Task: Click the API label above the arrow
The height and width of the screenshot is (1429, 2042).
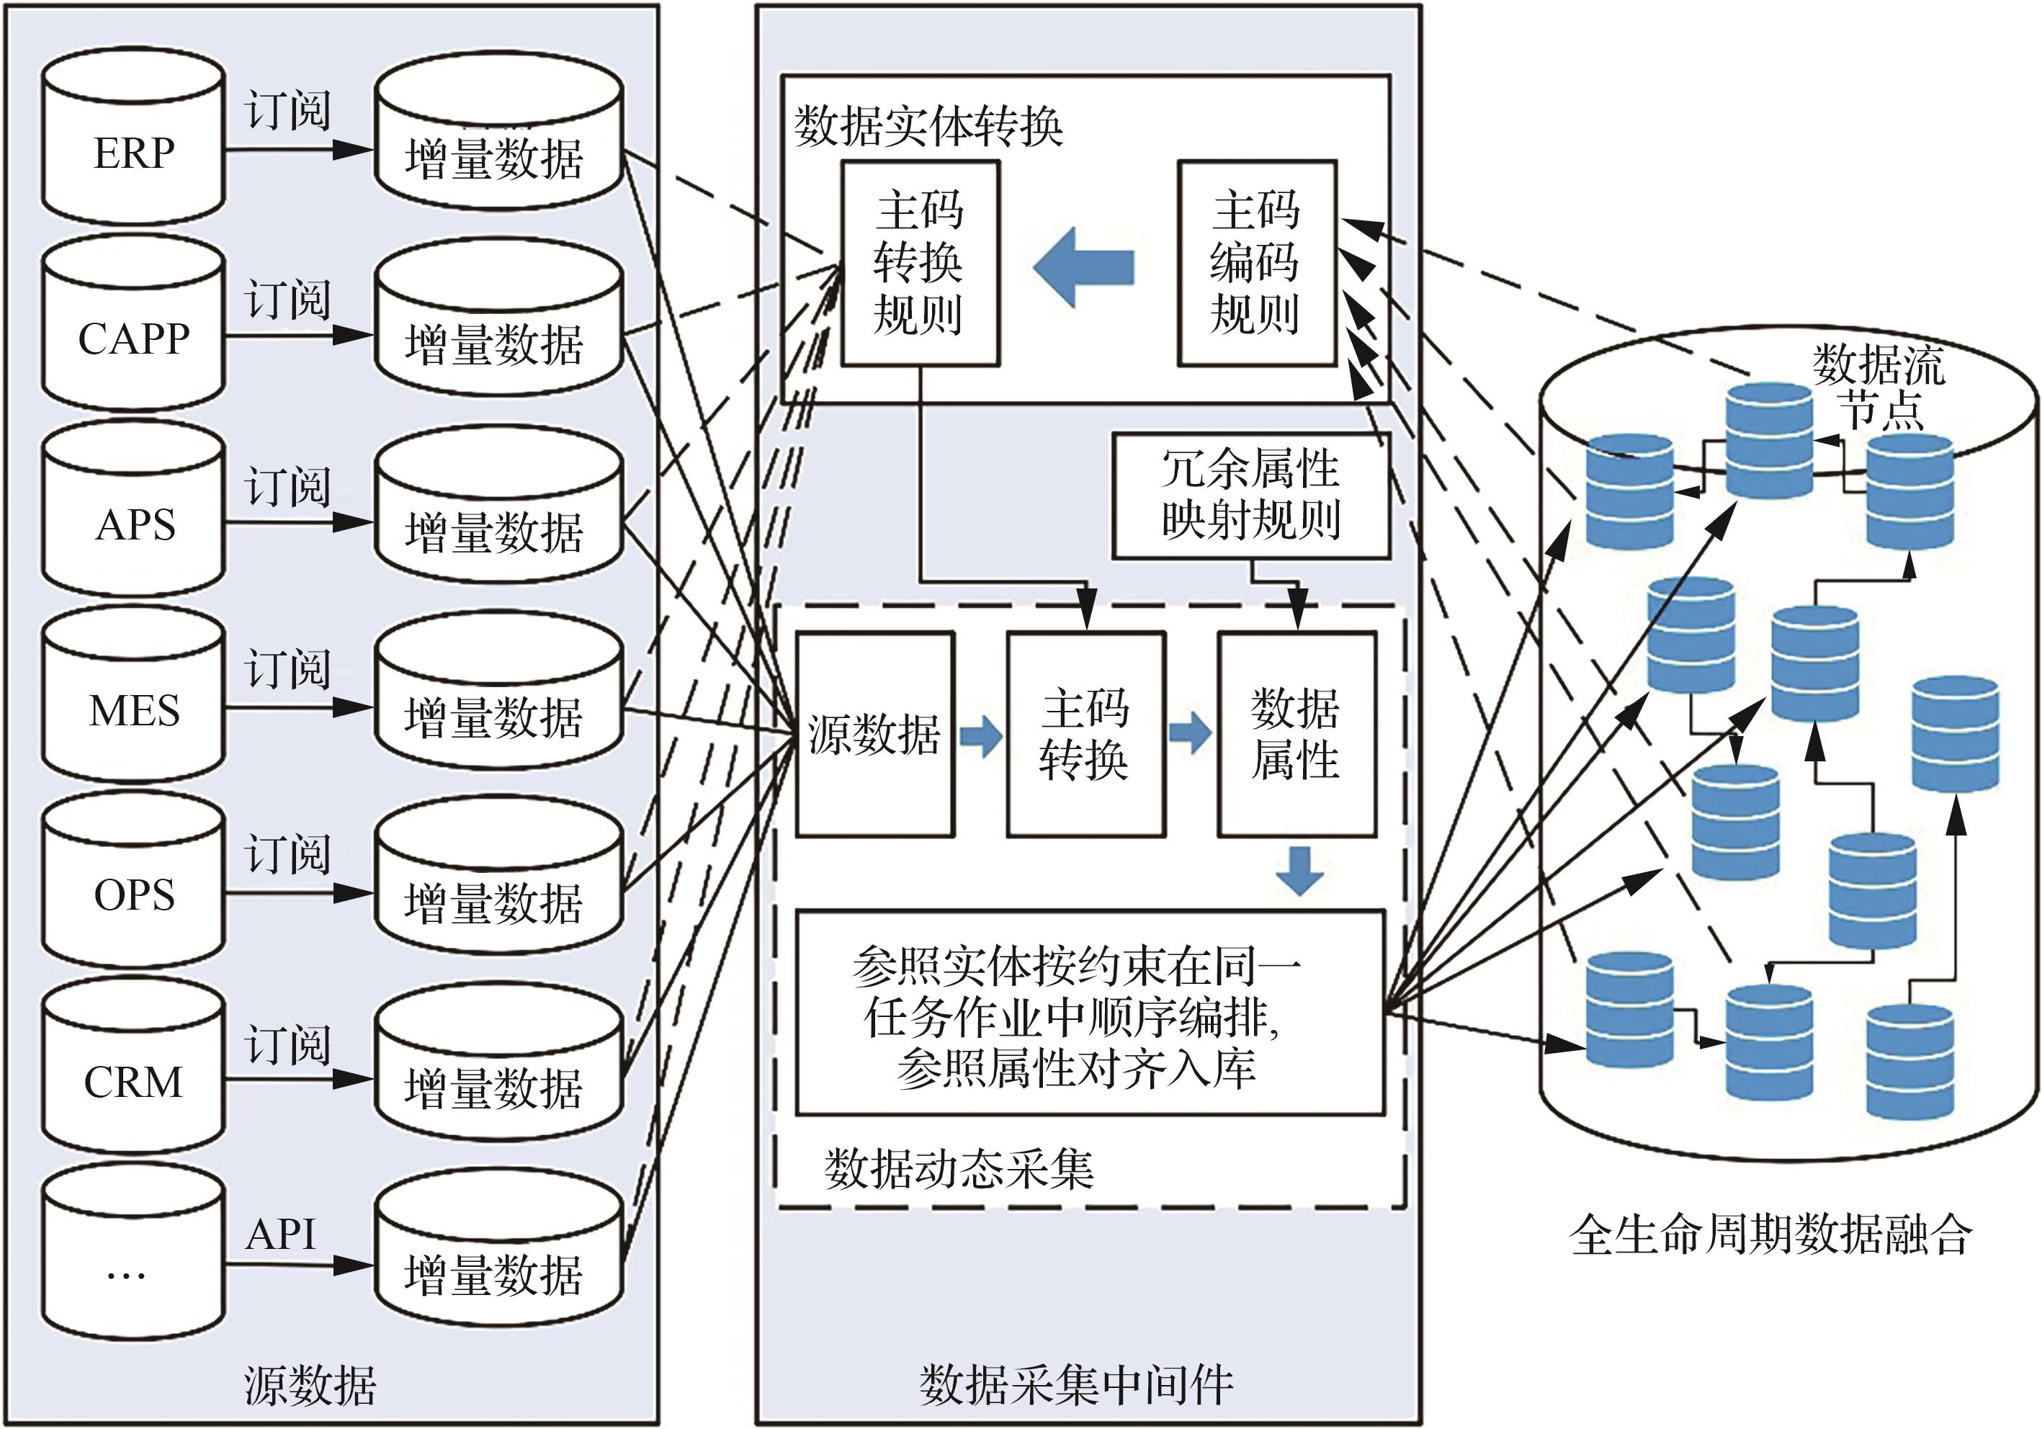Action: point(281,1235)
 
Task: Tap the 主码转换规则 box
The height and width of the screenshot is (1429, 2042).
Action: point(921,263)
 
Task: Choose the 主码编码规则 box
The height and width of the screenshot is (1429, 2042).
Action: point(1257,263)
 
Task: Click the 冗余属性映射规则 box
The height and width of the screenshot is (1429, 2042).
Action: point(1251,496)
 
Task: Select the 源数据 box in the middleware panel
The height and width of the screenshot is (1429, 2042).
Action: point(875,735)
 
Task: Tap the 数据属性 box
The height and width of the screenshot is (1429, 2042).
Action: point(1297,735)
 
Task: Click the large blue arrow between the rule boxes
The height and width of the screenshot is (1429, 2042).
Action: point(1084,266)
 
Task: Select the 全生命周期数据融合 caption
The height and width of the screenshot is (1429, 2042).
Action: point(1770,1235)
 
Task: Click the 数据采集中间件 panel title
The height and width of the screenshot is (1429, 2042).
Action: point(1077,1384)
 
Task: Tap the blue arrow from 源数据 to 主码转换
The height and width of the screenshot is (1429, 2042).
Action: point(980,736)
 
